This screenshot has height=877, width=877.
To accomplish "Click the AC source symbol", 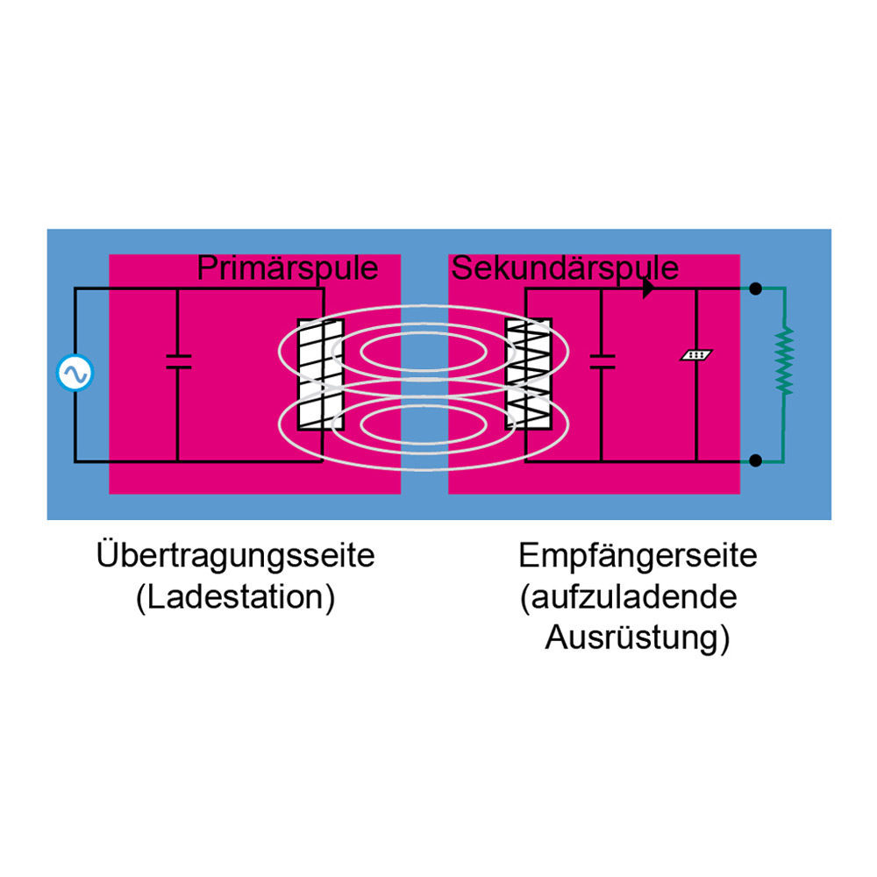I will click(x=75, y=374).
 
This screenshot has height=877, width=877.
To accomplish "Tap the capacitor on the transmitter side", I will click(x=178, y=361).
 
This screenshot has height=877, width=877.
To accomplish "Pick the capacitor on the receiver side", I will click(x=602, y=361).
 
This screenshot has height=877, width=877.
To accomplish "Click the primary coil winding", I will click(x=317, y=374).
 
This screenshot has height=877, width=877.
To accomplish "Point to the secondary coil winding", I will click(x=530, y=374).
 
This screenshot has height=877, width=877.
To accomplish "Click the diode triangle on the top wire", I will click(x=648, y=289).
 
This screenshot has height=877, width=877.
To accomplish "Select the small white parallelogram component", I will click(x=697, y=356).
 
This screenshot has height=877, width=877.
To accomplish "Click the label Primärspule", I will click(x=288, y=267).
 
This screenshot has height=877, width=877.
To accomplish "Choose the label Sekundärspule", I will click(x=564, y=267).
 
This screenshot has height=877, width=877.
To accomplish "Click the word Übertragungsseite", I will click(x=236, y=556).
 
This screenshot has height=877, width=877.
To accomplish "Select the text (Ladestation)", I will click(x=236, y=598).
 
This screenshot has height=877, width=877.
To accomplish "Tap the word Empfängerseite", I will click(x=638, y=556).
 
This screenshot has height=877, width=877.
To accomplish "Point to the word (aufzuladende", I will click(x=629, y=598).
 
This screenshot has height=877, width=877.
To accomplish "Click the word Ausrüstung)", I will click(x=638, y=639).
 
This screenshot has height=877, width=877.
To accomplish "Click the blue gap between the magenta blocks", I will click(x=424, y=491).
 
